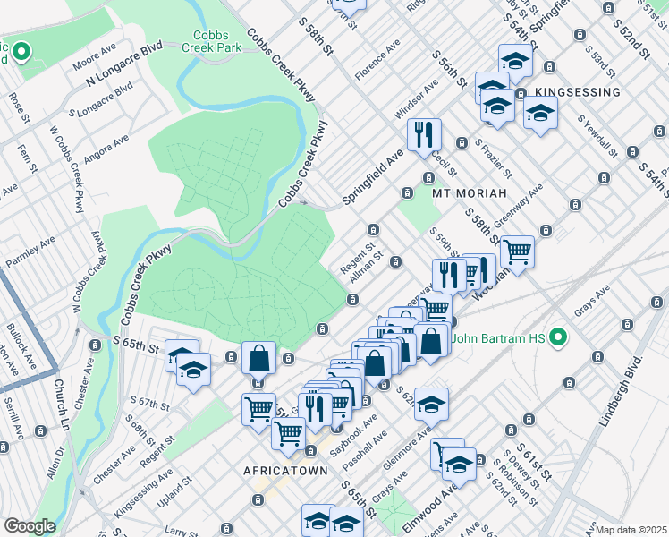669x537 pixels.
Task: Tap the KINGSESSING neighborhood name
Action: click(x=577, y=92)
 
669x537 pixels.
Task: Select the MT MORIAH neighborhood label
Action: click(x=470, y=192)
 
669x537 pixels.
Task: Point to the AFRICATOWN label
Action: click(x=283, y=470)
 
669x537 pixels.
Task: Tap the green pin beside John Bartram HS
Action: click(x=559, y=337)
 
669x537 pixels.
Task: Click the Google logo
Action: click(x=30, y=526)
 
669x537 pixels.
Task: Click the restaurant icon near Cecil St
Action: click(x=423, y=134)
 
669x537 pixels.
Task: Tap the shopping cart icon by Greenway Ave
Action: click(x=517, y=251)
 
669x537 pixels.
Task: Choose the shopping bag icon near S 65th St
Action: click(x=258, y=358)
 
